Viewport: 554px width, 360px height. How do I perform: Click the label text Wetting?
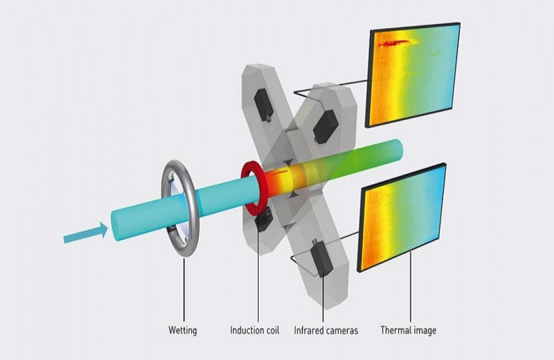point(183,330)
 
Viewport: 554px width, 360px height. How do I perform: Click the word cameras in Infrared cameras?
point(342,330)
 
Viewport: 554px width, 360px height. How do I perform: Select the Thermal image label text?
point(408,330)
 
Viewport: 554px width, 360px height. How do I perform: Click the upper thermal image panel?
point(414,74)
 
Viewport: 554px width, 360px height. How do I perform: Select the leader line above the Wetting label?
point(184,291)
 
